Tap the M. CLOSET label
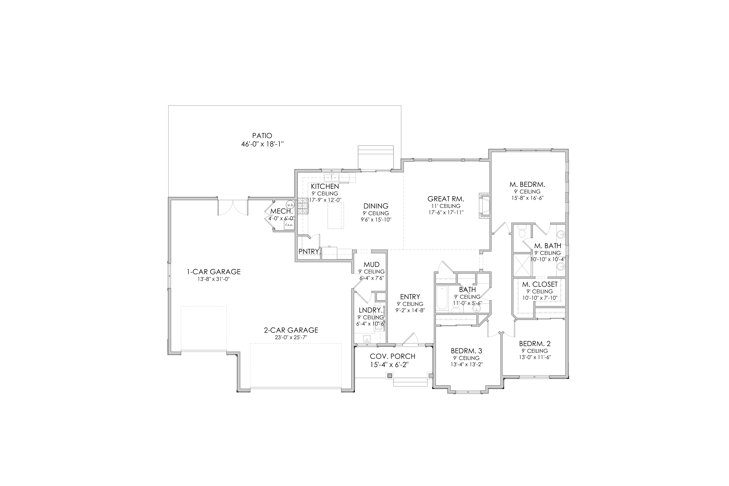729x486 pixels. pyautogui.click(x=540, y=284)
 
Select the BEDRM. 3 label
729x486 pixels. pyautogui.click(x=466, y=351)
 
